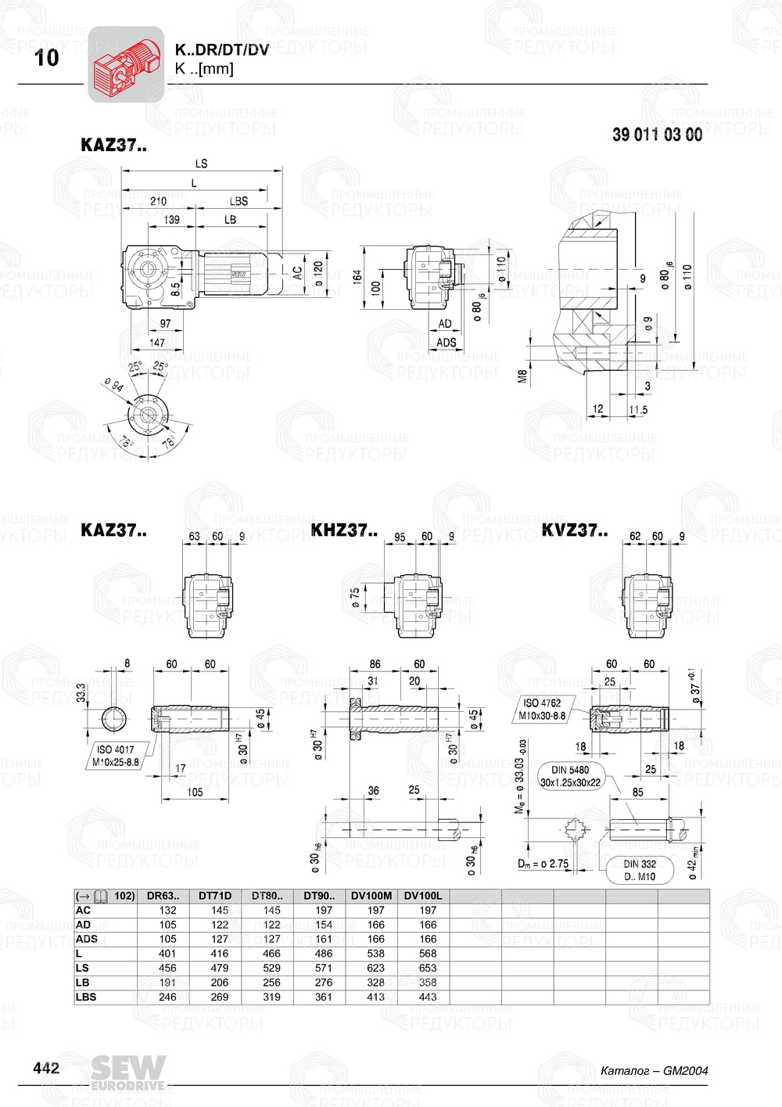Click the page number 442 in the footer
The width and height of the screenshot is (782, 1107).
[x=45, y=1068]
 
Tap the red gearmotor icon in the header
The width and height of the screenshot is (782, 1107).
[x=126, y=65]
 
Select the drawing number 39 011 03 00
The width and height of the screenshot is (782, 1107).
[x=657, y=135]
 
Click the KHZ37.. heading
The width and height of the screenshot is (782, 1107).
[x=343, y=530]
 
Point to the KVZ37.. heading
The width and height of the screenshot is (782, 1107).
[x=574, y=530]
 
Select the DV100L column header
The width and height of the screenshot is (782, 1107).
[x=423, y=896]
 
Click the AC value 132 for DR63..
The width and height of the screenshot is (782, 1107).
[x=168, y=910]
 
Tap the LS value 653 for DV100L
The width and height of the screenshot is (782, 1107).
[x=428, y=968]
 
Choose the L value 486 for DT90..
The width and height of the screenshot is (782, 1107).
[x=324, y=954]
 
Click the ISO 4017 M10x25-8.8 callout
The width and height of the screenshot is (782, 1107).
[x=115, y=756]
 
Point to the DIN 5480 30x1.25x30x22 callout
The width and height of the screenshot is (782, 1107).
[x=570, y=776]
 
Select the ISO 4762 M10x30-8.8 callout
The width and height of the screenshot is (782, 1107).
[x=542, y=709]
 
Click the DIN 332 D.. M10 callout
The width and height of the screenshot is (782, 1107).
[x=640, y=870]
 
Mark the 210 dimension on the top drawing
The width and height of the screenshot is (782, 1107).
[x=158, y=201]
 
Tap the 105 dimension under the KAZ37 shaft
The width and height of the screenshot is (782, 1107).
[x=195, y=792]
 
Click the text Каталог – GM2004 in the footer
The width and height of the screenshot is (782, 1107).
[x=654, y=1070]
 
